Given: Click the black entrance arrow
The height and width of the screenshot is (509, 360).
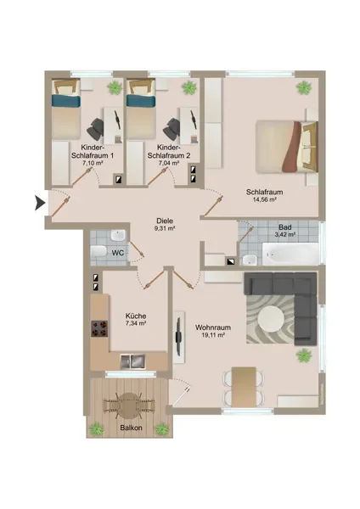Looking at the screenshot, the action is (x=40, y=204).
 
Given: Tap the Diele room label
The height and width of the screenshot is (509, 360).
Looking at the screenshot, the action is (x=165, y=221).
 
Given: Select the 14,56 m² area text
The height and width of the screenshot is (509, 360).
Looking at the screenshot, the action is (x=264, y=199).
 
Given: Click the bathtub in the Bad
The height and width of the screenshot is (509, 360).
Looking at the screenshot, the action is (x=290, y=253).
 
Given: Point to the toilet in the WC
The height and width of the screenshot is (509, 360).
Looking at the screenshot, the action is (x=98, y=251).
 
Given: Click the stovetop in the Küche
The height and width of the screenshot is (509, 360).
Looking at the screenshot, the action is (x=99, y=328).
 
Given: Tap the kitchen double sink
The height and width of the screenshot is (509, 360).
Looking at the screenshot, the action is (x=133, y=361).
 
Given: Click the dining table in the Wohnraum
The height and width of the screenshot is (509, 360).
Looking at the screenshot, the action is (x=244, y=386).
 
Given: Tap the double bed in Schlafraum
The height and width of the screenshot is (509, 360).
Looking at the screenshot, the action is (x=287, y=147).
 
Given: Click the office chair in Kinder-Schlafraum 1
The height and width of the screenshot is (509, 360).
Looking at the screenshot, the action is (x=96, y=128).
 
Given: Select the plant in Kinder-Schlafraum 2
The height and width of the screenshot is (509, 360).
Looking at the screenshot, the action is (x=189, y=87).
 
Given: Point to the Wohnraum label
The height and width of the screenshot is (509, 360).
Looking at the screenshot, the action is (x=213, y=327).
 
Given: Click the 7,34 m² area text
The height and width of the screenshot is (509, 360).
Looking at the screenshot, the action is (x=136, y=323).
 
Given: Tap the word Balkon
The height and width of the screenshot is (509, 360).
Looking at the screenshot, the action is (x=132, y=428).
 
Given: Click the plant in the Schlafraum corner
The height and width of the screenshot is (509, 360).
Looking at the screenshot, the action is (x=304, y=87).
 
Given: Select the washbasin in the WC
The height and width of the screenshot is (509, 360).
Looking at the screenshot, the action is (x=118, y=235).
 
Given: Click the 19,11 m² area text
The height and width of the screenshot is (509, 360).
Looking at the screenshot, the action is (x=213, y=335).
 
